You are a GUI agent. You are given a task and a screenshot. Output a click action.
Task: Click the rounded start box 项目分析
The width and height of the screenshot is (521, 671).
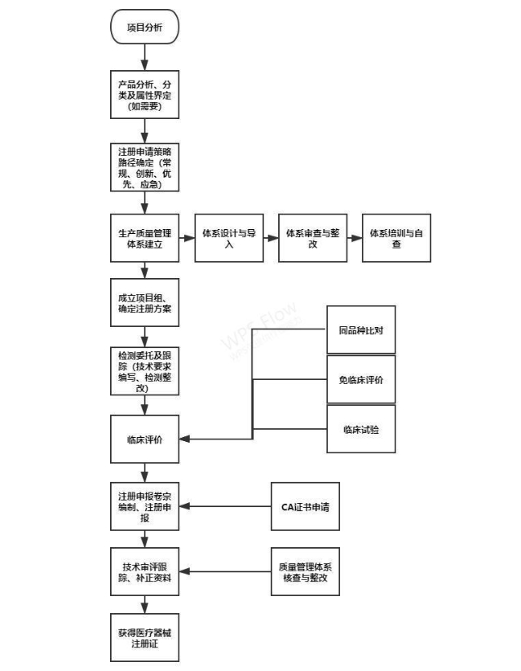pos(145,29)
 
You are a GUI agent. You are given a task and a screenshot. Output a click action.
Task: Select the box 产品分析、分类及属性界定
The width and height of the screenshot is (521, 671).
pos(145,95)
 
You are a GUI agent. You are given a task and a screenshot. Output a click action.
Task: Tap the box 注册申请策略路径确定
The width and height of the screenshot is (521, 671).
pos(145,167)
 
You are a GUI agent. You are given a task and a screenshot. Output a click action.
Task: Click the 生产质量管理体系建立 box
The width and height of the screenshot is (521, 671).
pos(145,238)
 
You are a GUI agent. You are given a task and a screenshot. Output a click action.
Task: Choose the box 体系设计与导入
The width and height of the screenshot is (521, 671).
pos(229,238)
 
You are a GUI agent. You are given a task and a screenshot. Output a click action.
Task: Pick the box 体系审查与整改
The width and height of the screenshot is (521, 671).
pos(312,238)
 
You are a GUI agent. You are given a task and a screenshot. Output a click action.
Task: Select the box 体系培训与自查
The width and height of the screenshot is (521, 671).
pos(396,238)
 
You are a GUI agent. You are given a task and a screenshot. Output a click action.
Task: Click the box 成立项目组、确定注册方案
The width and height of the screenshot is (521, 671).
pos(145,302)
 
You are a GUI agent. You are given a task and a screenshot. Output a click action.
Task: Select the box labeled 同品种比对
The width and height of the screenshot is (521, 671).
pos(361,330)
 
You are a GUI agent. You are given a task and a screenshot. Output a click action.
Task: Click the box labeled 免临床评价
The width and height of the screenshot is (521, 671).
pos(361,379)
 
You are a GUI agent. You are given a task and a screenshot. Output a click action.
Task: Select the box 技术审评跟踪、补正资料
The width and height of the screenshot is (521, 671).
pos(145,572)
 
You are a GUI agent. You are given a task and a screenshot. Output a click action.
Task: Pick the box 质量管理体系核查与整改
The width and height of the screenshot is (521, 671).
pos(305,572)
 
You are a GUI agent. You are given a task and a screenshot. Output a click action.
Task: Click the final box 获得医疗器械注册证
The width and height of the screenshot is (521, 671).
pos(145,637)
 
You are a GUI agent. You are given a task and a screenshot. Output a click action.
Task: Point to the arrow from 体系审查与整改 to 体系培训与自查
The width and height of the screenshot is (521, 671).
pos(355,238)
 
